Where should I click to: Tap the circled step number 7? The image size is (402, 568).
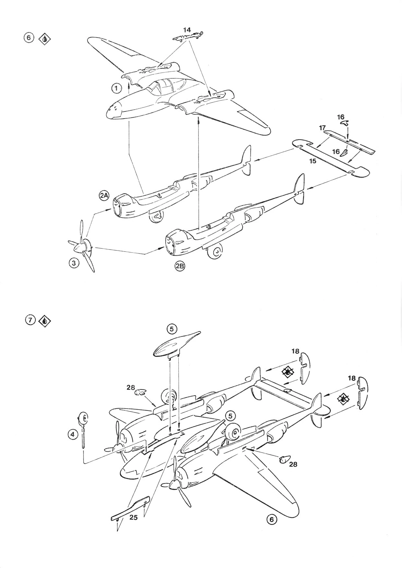pos(30,320)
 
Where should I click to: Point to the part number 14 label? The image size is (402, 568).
pos(187,29)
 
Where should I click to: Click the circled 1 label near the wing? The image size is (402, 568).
pos(116,87)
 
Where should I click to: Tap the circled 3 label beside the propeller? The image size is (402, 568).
pos(74,263)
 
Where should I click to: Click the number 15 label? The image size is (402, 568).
pos(313,161)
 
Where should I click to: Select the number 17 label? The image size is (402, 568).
pos(322,128)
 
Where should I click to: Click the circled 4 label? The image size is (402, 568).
pos(73,434)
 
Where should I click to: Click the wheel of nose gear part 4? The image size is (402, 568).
pos(83,419)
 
